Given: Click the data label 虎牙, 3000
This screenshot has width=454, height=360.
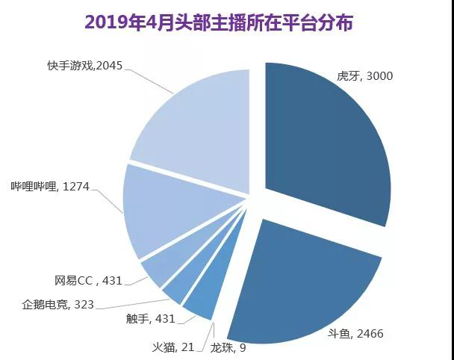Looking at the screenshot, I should tap(365, 75).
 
